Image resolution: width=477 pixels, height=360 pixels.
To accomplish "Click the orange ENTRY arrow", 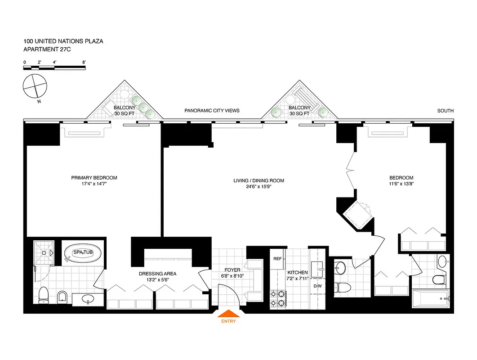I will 228,314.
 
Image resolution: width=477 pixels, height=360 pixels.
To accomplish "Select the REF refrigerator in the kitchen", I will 277,259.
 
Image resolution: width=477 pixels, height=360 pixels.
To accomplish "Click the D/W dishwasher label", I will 317,286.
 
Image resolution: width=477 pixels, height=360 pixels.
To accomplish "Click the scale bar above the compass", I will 54,67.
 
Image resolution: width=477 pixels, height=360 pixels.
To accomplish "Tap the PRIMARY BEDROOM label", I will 94,178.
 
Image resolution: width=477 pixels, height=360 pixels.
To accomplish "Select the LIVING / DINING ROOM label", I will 259,181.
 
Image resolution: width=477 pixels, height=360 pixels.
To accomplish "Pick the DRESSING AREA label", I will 157,274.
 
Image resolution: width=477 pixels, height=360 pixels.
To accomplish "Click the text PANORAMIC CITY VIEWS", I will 212,111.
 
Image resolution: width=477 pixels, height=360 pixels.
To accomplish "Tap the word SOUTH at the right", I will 446,111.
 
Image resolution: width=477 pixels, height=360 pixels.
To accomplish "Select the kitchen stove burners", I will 278,298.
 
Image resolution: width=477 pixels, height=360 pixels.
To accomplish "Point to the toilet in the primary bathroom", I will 44,295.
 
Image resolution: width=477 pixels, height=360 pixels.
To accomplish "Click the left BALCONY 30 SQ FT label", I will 124,111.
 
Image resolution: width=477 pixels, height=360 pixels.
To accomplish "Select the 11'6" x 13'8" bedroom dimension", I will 401,184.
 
